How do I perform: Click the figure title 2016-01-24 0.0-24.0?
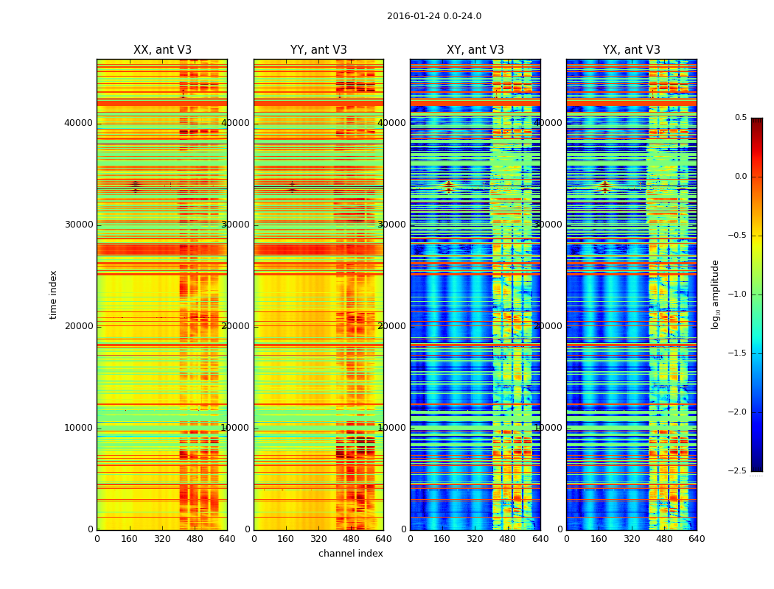[434, 16]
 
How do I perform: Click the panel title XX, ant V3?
[162, 50]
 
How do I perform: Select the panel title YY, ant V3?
[318, 50]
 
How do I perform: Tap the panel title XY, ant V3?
[475, 50]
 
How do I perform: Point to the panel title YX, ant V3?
[632, 50]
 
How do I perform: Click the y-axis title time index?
[53, 294]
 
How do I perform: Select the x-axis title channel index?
[351, 554]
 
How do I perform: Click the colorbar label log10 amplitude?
[715, 294]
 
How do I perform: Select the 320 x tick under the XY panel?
[475, 539]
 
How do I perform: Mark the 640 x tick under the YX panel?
[697, 539]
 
